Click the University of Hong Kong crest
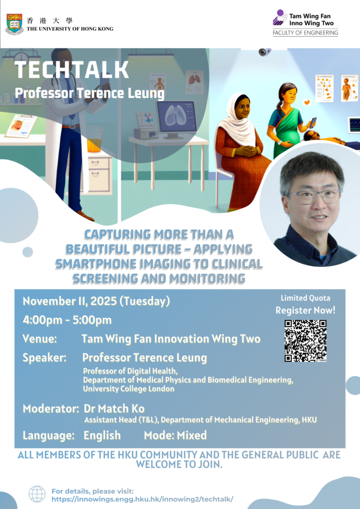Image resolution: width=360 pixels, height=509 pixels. point(14,24)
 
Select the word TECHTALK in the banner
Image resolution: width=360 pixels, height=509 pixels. point(72,70)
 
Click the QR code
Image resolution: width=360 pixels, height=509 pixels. point(305,341)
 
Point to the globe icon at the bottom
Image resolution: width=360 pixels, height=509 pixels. point(37,494)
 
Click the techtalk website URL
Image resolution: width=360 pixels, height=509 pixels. point(143,499)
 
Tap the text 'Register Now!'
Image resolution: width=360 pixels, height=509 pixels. point(305,310)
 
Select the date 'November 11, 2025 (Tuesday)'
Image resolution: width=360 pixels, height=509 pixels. point(96,302)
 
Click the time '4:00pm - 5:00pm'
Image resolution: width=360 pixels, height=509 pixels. point(67,320)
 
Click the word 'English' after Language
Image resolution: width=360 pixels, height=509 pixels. point(102,435)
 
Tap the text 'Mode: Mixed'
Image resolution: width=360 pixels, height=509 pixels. point(176,435)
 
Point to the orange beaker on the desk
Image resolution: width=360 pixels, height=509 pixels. point(94,139)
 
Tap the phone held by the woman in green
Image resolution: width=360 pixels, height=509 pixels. point(313,123)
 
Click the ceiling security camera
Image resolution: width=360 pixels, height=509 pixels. point(265,52)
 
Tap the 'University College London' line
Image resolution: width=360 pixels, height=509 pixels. point(129,389)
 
